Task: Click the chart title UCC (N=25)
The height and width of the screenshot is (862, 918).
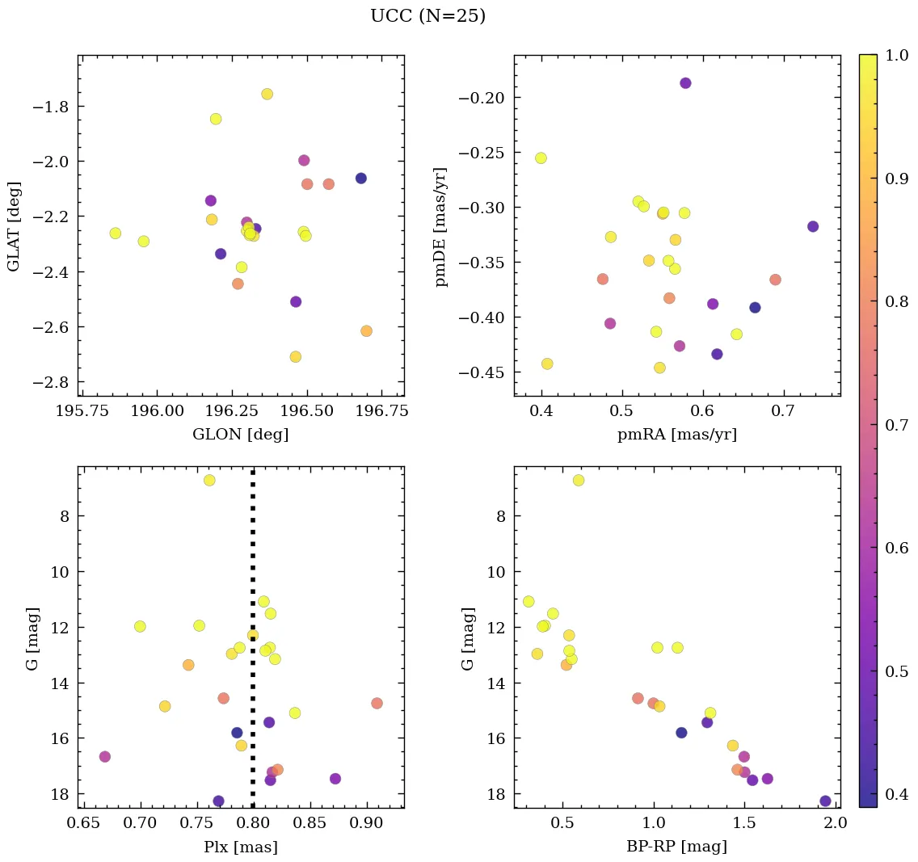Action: point(427,16)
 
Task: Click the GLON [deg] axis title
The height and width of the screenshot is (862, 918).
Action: point(240,435)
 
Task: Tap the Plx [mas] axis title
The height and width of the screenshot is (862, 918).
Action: point(240,847)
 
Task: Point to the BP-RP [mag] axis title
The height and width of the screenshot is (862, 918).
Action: point(676,847)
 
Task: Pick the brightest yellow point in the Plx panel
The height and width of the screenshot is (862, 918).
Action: point(209,480)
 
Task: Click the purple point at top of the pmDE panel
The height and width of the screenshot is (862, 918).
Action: point(685,83)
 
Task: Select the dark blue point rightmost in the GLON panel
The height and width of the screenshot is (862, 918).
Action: point(360,179)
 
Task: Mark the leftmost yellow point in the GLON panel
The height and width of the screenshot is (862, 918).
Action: point(116,233)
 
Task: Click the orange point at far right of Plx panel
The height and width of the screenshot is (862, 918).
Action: point(377,703)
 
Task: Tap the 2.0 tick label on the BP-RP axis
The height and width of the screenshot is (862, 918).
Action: point(835,824)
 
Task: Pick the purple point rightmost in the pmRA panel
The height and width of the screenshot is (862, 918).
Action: point(813,227)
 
